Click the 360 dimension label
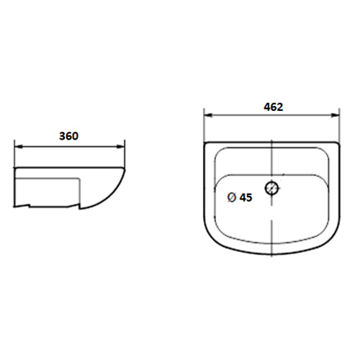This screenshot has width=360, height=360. (x=68, y=136)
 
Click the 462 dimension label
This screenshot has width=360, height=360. (x=274, y=107)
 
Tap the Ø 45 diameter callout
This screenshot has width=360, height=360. (x=240, y=197)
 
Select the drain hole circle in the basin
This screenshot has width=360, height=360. (x=271, y=188)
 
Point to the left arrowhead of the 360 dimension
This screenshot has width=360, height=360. (x=18, y=146)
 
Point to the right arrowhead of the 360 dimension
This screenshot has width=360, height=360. (x=121, y=146)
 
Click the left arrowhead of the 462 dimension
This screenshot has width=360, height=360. (x=208, y=115)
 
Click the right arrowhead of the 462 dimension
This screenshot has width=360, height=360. (x=336, y=115)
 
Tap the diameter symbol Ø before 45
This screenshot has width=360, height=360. (x=231, y=197)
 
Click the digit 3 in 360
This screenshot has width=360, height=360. (x=62, y=136)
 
